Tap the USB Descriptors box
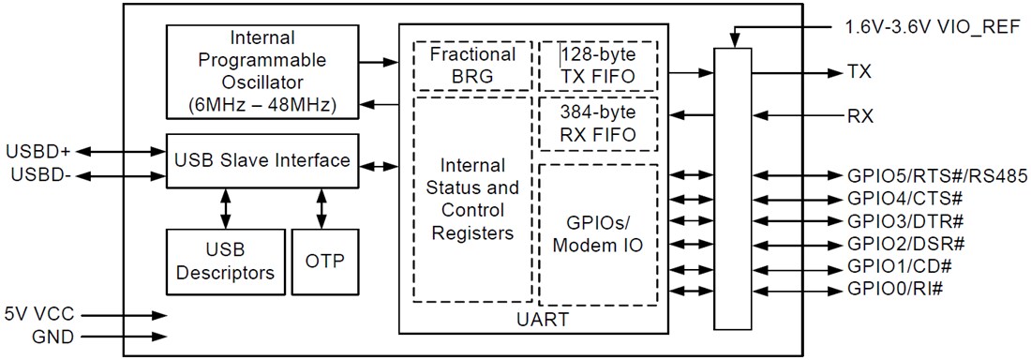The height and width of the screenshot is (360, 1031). tap(224, 260)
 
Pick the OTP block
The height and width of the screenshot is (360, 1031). tap(324, 260)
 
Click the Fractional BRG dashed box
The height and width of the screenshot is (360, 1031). tap(472, 66)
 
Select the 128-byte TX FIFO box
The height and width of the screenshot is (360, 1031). tap(598, 66)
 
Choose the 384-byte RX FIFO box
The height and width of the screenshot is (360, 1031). tap(598, 123)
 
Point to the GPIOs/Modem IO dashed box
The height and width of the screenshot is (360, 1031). tap(598, 234)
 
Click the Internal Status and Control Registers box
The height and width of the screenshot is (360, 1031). tap(472, 199)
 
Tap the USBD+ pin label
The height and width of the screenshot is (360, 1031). tap(37, 152)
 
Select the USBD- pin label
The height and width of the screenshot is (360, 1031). tap(35, 174)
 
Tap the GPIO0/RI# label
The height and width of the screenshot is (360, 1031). tap(894, 289)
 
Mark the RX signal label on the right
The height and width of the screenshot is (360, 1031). tap(859, 117)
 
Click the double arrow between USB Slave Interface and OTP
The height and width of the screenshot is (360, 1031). tap(322, 206)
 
